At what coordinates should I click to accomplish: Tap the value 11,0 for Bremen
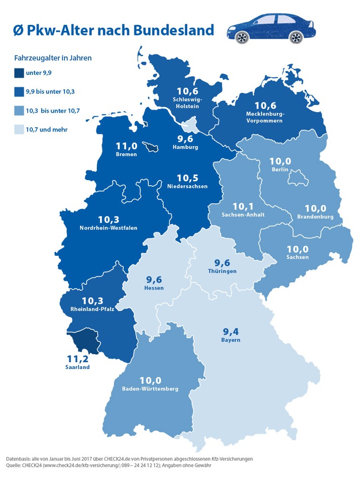126,145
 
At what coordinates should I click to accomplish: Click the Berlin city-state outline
296,179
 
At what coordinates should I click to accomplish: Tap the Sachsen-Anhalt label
241,215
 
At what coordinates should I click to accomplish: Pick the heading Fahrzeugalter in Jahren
52,58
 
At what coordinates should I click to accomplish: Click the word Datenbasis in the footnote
21,459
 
